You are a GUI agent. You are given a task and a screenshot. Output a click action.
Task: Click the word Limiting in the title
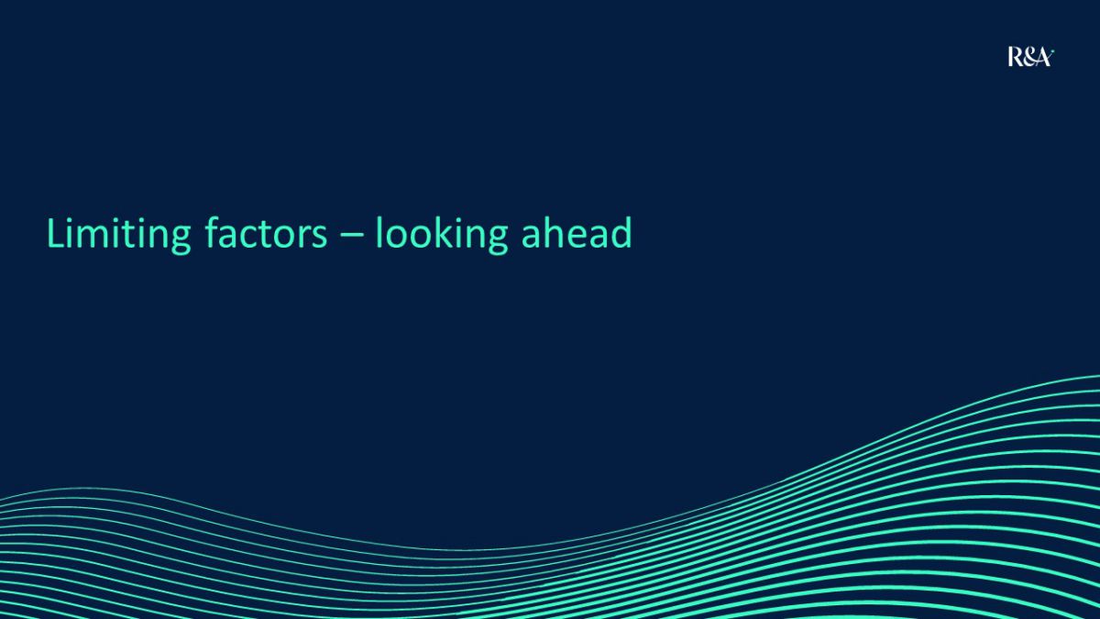tap(118, 235)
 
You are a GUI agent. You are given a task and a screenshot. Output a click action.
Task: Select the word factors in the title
tap(266, 232)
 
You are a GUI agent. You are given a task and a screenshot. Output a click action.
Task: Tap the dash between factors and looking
tap(351, 236)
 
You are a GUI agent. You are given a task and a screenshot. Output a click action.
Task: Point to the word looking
tap(442, 235)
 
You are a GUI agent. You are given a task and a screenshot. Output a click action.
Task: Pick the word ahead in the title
tap(577, 232)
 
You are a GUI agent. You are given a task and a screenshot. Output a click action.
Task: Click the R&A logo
tap(1030, 57)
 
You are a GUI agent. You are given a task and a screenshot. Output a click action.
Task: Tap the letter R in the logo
tap(1015, 57)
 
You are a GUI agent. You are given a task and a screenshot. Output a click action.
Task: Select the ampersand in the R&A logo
tap(1028, 58)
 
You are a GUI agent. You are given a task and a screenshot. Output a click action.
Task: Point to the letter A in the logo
tap(1043, 58)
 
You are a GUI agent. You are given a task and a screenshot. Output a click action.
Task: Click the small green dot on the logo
tap(1053, 50)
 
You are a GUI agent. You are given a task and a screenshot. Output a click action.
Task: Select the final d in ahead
tap(621, 232)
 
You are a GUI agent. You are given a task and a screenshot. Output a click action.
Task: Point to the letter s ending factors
tap(319, 237)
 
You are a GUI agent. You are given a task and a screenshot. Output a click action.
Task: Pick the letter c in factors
tap(252, 237)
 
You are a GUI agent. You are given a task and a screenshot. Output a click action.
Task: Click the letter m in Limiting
tap(98, 236)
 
